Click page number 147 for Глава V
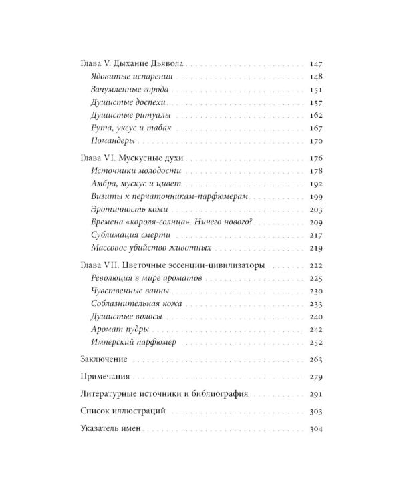click(x=317, y=65)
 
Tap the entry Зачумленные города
click(x=124, y=90)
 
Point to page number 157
click(x=317, y=103)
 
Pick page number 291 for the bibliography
click(x=317, y=394)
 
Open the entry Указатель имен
click(x=110, y=429)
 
